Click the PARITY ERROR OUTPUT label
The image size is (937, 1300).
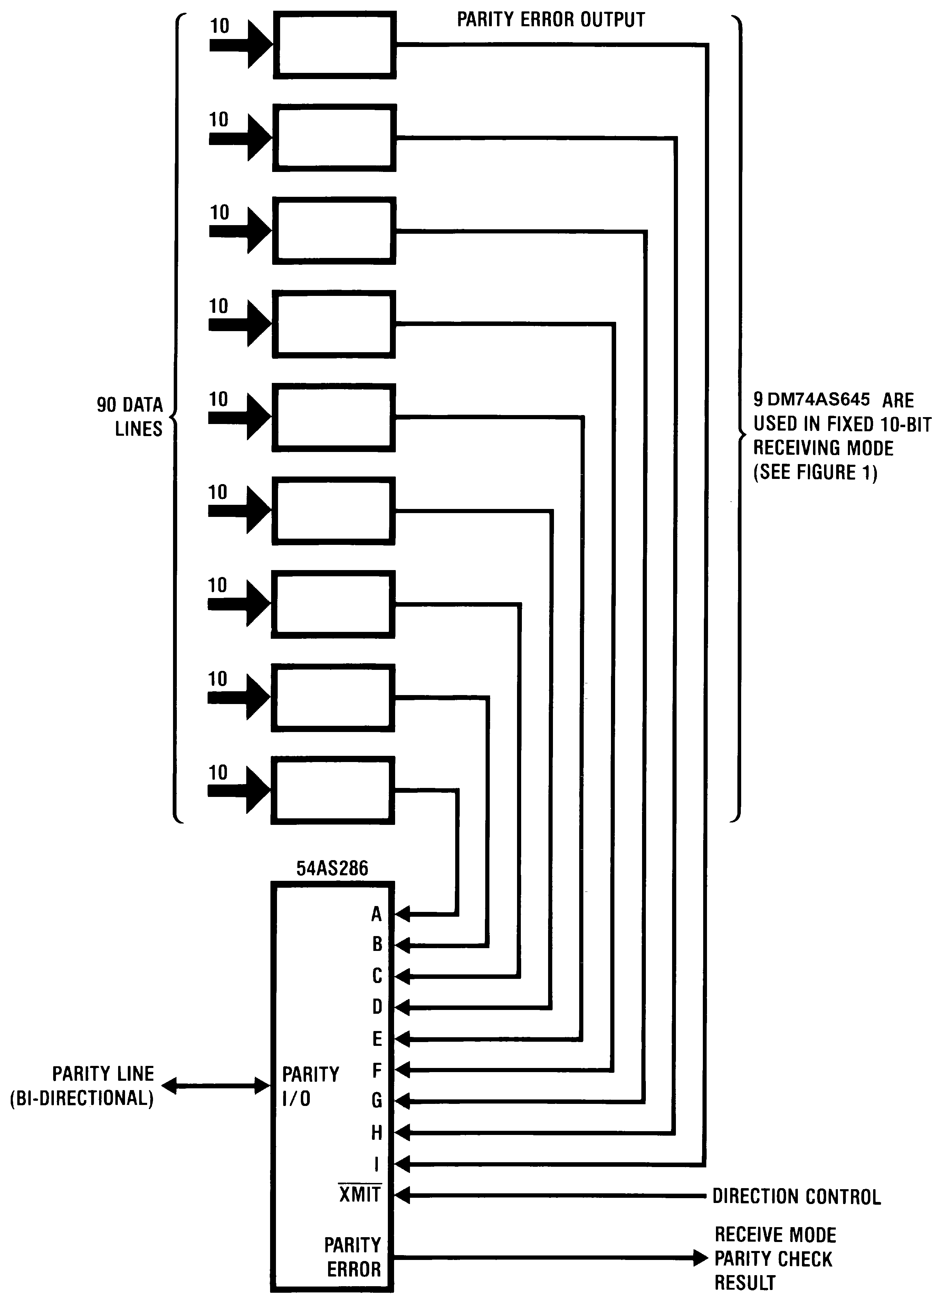pos(551,20)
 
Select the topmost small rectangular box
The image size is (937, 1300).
pos(334,45)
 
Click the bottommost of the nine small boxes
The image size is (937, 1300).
pos(333,790)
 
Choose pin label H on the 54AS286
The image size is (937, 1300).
pos(376,1132)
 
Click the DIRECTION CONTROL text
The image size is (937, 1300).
pos(796,1196)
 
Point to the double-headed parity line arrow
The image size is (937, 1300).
pos(216,1085)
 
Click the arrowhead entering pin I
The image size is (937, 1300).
pos(403,1164)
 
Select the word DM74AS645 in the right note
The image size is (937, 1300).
pos(818,399)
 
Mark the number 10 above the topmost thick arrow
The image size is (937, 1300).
pos(219,26)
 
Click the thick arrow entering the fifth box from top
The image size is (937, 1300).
pos(240,417)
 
